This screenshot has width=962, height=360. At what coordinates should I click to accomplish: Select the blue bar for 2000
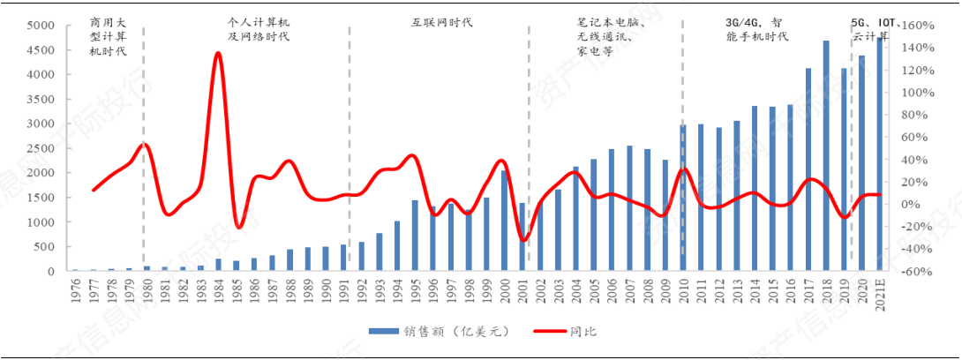(505, 221)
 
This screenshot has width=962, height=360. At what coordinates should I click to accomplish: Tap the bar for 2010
(683, 199)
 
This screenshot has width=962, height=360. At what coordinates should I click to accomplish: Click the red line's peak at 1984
(218, 54)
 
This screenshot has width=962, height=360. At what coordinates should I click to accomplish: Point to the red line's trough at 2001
(523, 239)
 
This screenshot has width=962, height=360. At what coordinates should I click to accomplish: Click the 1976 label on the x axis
(76, 289)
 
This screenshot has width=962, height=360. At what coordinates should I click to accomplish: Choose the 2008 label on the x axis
(648, 289)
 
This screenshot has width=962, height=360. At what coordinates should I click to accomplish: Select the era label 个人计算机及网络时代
(258, 28)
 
